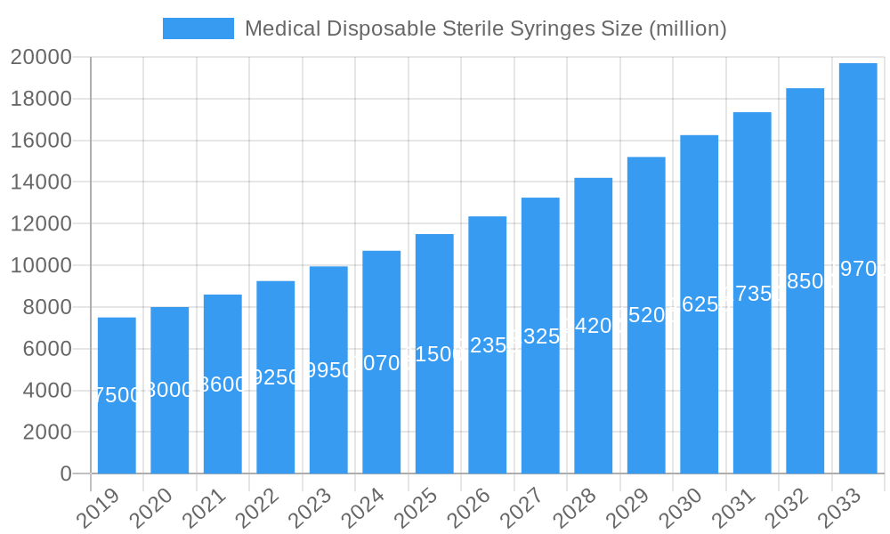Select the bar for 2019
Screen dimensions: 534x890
coord(117,395)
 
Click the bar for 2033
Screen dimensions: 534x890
coord(858,268)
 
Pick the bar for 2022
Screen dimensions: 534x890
coord(275,377)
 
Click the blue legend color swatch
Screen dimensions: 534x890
coord(198,28)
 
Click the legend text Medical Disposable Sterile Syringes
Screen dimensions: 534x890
coord(486,28)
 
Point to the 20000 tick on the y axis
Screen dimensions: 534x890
coord(41,58)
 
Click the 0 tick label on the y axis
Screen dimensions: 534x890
coord(65,474)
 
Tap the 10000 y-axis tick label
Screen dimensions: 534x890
coord(41,266)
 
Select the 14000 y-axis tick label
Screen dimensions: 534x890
coord(41,182)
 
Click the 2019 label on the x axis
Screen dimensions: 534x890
coord(100,508)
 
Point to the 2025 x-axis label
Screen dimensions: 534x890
coord(417,508)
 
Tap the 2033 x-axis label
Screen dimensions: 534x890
coord(841,508)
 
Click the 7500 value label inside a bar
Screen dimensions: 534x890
coord(117,395)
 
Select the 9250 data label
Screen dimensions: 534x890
coord(275,377)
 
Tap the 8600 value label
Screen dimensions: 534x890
coord(222,384)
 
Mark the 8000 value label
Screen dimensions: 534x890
coord(169,390)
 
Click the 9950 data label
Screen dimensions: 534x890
coord(328,370)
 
